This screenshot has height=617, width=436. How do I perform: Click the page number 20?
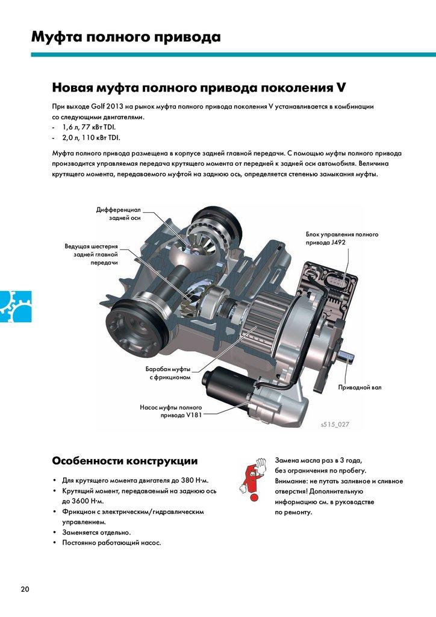pyautogui.click(x=25, y=589)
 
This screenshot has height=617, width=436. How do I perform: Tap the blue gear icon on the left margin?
pyautogui.click(x=15, y=306)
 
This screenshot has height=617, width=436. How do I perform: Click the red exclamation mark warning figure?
pyautogui.click(x=252, y=480)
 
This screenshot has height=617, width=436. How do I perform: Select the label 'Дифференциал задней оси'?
pyautogui.click(x=119, y=214)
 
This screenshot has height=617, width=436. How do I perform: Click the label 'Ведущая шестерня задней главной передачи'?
pyautogui.click(x=91, y=254)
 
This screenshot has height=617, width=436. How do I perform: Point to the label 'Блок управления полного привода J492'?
pyautogui.click(x=341, y=238)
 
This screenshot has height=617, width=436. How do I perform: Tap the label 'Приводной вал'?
pyautogui.click(x=360, y=387)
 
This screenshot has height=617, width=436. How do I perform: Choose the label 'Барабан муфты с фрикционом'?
pyautogui.click(x=168, y=373)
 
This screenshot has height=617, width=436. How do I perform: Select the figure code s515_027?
pyautogui.click(x=335, y=424)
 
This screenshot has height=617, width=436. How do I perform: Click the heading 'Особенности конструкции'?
pyautogui.click(x=125, y=461)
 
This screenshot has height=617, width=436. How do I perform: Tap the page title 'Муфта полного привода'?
pyautogui.click(x=126, y=37)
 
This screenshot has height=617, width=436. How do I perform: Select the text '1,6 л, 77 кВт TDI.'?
pyautogui.click(x=89, y=127)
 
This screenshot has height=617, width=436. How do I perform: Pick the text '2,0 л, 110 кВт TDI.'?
pyautogui.click(x=91, y=138)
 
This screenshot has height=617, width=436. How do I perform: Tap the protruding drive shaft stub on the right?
pyautogui.click(x=346, y=357)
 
